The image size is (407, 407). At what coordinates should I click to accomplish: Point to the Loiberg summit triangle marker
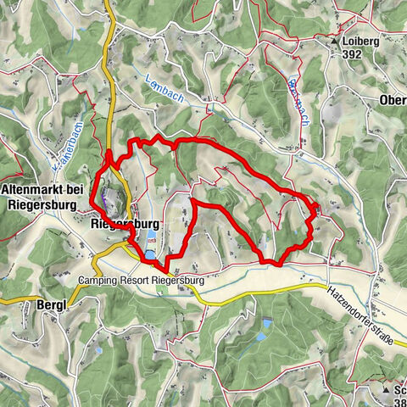336,41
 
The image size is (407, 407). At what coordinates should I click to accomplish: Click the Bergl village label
52,304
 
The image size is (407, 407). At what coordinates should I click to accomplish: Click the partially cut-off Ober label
393,100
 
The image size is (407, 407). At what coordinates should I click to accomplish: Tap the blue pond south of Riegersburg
150,254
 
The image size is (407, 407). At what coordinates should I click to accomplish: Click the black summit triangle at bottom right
387,390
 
